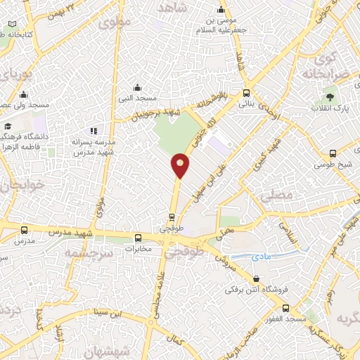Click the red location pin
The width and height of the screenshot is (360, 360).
(x=180, y=165)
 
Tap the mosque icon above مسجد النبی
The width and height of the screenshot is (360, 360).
(x=137, y=89)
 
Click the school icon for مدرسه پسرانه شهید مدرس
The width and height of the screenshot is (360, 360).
(x=94, y=131)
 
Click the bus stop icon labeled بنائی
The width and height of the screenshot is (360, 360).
(x=246, y=93)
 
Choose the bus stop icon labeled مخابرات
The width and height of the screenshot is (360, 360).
(x=139, y=237)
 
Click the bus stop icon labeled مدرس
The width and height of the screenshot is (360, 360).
(x=25, y=230)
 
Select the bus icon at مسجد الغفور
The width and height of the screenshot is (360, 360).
(x=285, y=308)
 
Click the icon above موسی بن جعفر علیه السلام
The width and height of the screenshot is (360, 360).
(x=221, y=9)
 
